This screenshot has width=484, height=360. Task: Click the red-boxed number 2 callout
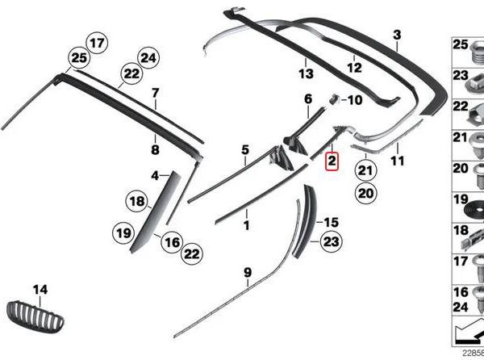pos(332,161)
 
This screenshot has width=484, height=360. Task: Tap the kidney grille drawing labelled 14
pos(35,316)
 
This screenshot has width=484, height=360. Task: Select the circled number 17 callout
pos(97,43)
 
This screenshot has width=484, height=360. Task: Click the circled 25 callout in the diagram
pos(79,58)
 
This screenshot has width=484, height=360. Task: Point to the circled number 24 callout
pos(148,58)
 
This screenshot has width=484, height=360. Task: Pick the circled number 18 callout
pos(137,201)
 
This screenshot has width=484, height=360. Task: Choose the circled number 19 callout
pos(123,232)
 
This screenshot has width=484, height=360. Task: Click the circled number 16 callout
pos(173,242)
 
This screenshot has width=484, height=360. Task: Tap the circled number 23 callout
pos(331,241)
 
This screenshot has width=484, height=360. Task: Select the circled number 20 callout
pos(365,194)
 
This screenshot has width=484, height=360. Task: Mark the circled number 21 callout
pos(365,170)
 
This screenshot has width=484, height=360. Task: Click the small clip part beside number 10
pos(334,99)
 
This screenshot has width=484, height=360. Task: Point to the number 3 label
pos(397,35)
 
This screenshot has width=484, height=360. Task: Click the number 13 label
pos(306,73)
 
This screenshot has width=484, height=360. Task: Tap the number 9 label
pos(248,273)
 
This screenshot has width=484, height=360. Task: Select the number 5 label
pos(245,150)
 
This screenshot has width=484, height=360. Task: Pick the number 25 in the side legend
pos(461,44)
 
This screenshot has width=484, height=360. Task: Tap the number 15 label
pos(332,222)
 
